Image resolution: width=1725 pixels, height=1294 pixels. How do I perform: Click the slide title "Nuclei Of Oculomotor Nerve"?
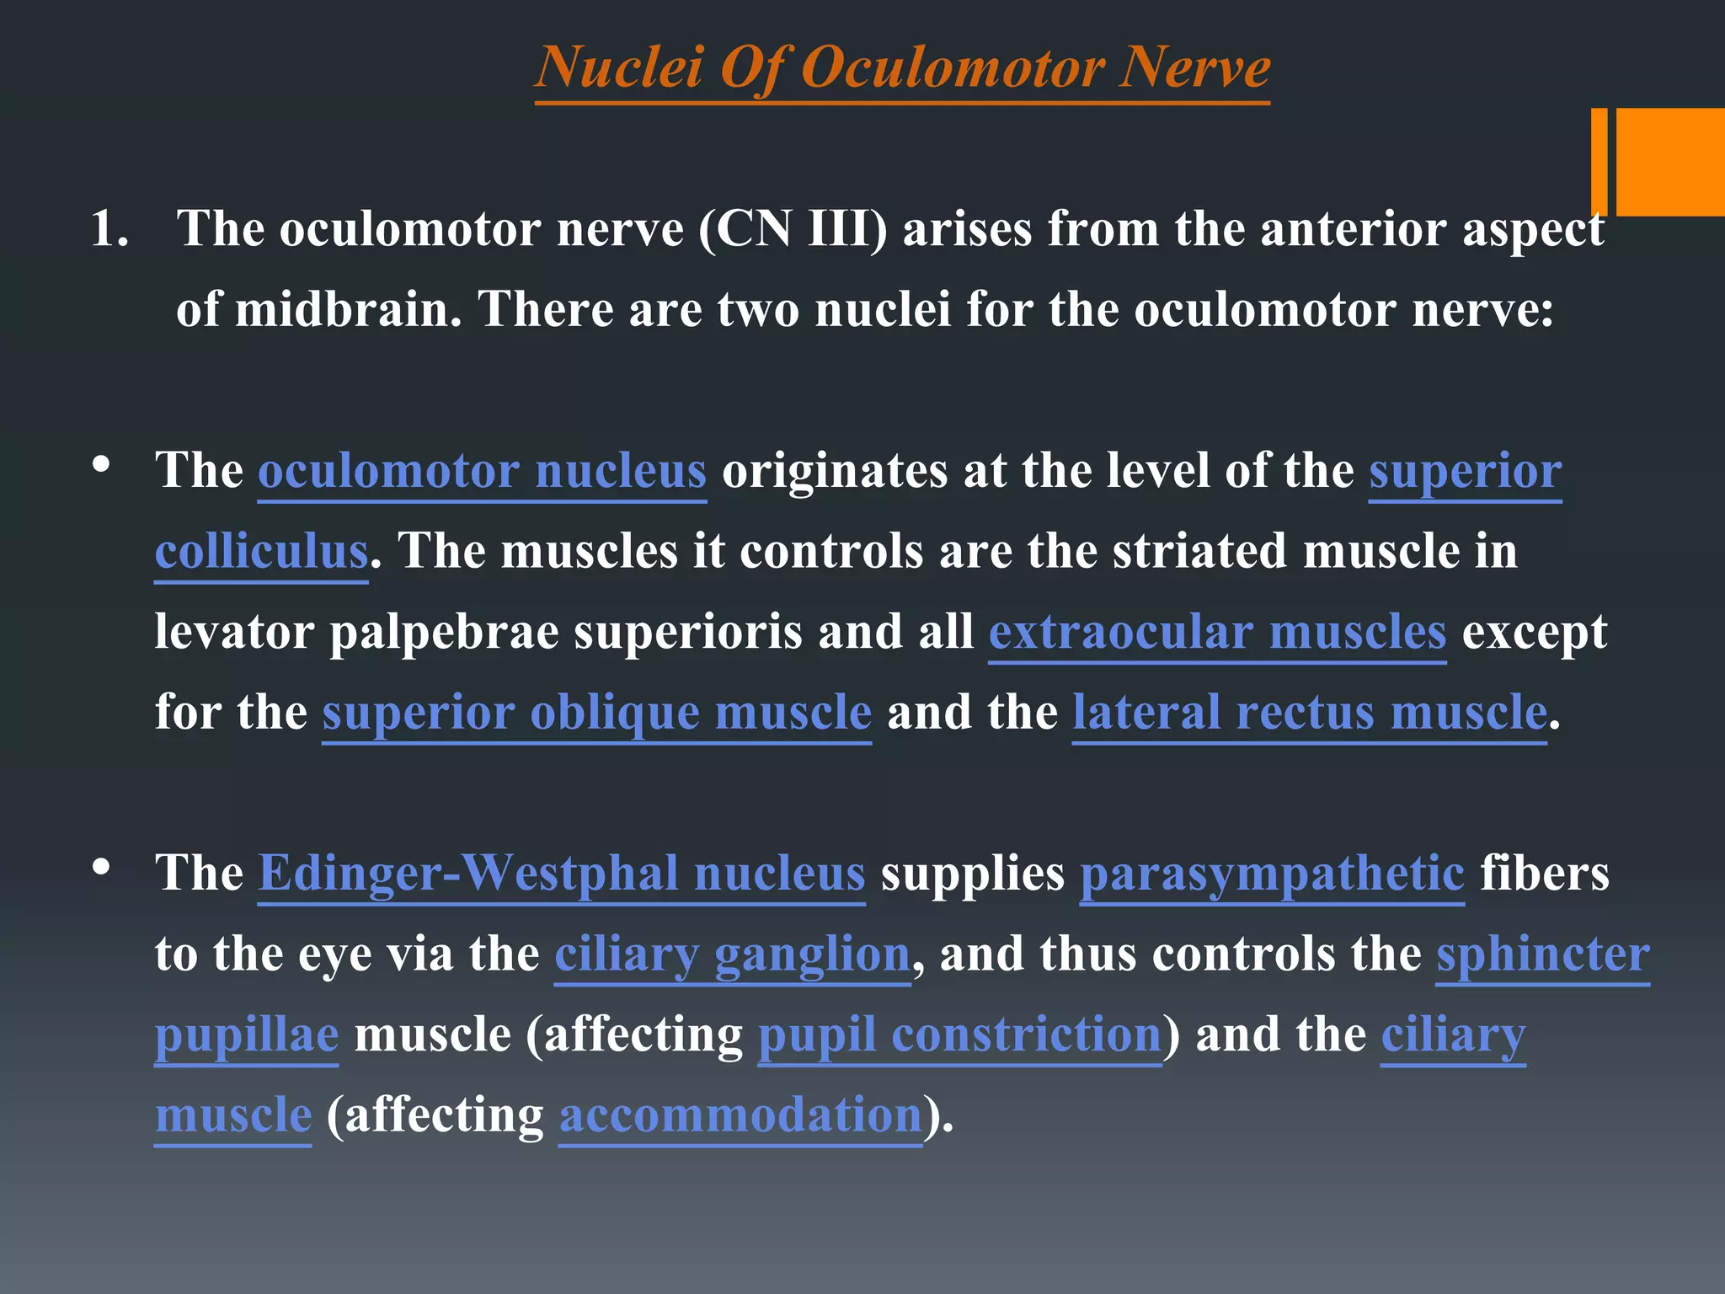(902, 67)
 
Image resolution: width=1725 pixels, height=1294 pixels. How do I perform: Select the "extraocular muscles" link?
(1217, 632)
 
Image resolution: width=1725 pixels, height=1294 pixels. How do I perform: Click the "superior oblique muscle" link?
(596, 713)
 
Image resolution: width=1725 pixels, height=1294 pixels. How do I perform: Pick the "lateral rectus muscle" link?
(1309, 713)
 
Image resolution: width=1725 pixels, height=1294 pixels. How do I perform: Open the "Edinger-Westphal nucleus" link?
(561, 873)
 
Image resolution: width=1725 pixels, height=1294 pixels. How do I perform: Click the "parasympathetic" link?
(1272, 873)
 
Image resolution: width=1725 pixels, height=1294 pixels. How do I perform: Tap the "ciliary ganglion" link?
(732, 954)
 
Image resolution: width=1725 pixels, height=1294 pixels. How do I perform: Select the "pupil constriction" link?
(959, 1035)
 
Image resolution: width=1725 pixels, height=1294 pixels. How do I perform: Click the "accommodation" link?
(740, 1115)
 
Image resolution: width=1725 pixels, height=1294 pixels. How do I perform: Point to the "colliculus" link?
(261, 551)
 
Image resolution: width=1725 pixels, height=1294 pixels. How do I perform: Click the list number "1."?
(109, 229)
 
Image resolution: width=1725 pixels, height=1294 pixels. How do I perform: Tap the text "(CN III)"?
(793, 229)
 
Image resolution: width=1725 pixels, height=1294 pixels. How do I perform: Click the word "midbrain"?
(348, 310)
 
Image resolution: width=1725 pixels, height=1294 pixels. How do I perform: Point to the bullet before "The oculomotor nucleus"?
(102, 464)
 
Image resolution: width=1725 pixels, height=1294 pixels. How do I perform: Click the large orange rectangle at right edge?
(1669, 162)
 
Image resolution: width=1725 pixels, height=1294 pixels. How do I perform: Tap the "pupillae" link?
(247, 1035)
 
